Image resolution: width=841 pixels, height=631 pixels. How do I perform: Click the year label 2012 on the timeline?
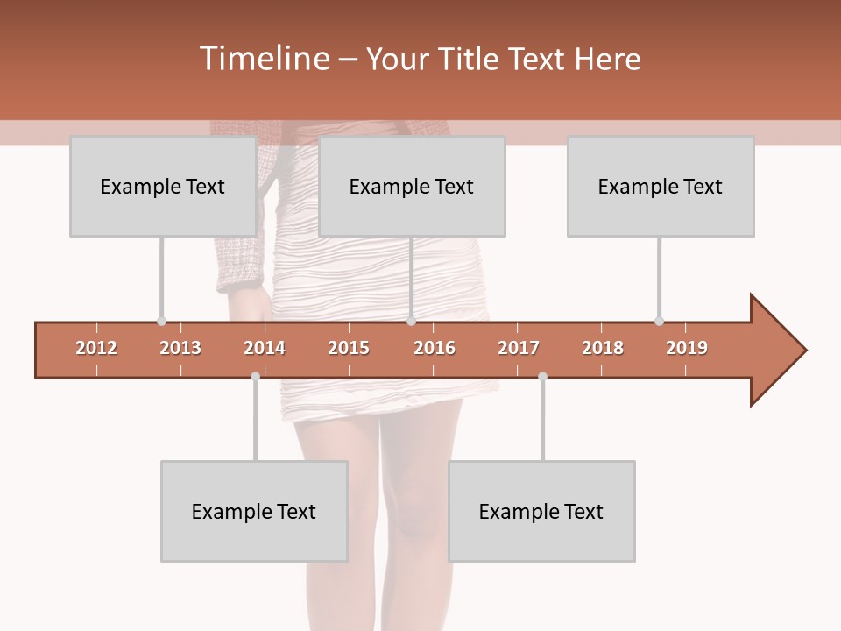point(96,348)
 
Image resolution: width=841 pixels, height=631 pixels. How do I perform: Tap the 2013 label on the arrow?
point(180,348)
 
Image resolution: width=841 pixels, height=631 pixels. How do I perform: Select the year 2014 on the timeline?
point(265,348)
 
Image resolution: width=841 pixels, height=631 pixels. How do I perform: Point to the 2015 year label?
point(349,348)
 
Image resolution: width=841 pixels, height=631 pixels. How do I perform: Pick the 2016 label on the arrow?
point(435,348)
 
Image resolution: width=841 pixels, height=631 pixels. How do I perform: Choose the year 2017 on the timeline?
point(519,348)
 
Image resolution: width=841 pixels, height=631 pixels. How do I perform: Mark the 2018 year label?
point(603,348)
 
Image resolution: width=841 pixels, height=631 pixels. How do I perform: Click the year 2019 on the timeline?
point(687,348)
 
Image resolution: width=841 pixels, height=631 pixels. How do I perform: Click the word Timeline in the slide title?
point(263,59)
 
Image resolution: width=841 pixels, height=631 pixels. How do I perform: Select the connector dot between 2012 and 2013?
point(161,321)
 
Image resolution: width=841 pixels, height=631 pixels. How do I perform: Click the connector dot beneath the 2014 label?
point(255,376)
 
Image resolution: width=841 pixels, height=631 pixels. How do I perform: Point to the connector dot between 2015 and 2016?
point(412,321)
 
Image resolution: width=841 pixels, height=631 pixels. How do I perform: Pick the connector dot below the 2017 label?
point(542,376)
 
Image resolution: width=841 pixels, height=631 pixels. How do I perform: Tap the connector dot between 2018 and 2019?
point(659,321)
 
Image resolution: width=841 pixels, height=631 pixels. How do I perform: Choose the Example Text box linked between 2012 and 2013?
point(163,186)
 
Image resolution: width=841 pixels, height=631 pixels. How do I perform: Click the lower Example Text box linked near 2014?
point(254,511)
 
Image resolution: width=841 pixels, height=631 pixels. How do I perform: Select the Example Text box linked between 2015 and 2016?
point(412,186)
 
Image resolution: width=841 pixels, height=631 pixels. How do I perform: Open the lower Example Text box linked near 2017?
point(541,511)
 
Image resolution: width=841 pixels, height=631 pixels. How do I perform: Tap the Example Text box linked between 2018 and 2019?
point(661,186)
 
